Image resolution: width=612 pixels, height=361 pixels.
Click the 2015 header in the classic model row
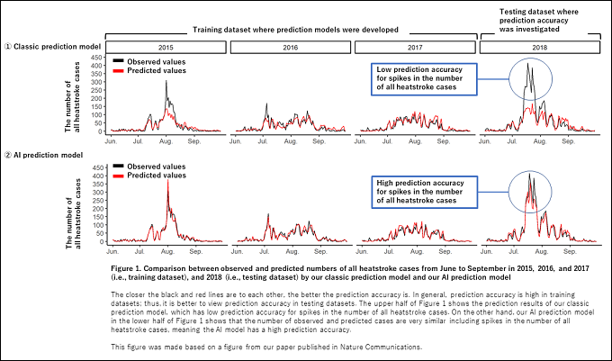tap(166, 46)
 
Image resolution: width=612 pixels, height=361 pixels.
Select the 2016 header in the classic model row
tap(289, 46)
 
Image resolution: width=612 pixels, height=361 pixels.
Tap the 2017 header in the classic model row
tap(413, 46)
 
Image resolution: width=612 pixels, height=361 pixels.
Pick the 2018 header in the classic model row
tap(538, 46)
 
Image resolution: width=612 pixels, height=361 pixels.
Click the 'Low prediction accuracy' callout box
tap(424, 78)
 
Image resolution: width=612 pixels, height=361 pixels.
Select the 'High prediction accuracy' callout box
tap(424, 192)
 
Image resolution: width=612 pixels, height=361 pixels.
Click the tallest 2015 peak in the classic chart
tap(166, 82)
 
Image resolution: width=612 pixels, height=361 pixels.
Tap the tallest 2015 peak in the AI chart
tap(166, 185)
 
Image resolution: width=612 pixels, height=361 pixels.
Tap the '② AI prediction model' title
tap(45, 155)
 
